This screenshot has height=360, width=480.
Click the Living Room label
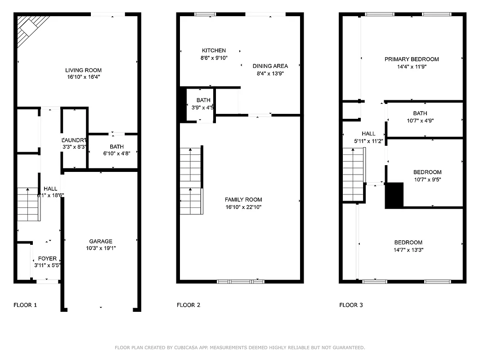coord(83,70)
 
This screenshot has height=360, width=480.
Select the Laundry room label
coord(75,140)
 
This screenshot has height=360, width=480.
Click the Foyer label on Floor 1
coord(47,258)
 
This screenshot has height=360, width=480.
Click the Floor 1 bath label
coord(117,147)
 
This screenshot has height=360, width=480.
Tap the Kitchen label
coord(214,50)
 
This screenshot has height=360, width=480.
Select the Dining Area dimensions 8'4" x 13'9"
coord(270,73)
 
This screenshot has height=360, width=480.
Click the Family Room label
coord(243,200)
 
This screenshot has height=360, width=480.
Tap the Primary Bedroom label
coord(411,59)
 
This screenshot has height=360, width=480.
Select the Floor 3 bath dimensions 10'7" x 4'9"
coord(420,121)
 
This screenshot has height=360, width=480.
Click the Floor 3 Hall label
coord(368,134)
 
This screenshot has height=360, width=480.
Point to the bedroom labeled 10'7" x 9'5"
coord(427,175)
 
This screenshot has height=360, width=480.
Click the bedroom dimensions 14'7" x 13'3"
coord(408,250)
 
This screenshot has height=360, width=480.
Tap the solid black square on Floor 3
coord(395,195)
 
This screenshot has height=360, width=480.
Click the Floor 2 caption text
coord(188,305)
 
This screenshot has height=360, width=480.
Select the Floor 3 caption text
coord(351,305)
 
